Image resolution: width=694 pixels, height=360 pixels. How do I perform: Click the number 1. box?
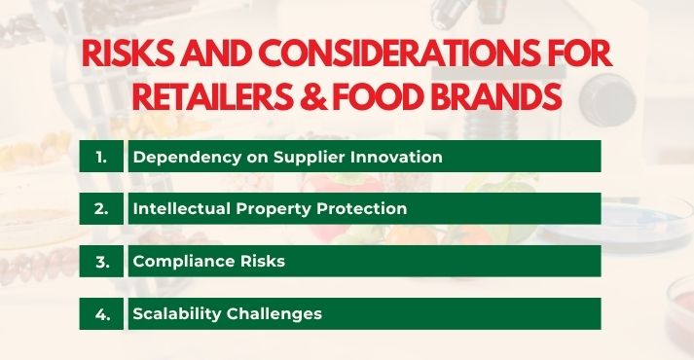(x=101, y=157)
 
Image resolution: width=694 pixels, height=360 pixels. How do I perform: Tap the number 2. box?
(x=101, y=208)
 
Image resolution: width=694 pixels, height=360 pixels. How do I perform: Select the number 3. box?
(x=101, y=261)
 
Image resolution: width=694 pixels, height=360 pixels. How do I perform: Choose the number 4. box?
(x=101, y=313)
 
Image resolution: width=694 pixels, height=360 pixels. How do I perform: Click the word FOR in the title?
(x=574, y=55)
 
